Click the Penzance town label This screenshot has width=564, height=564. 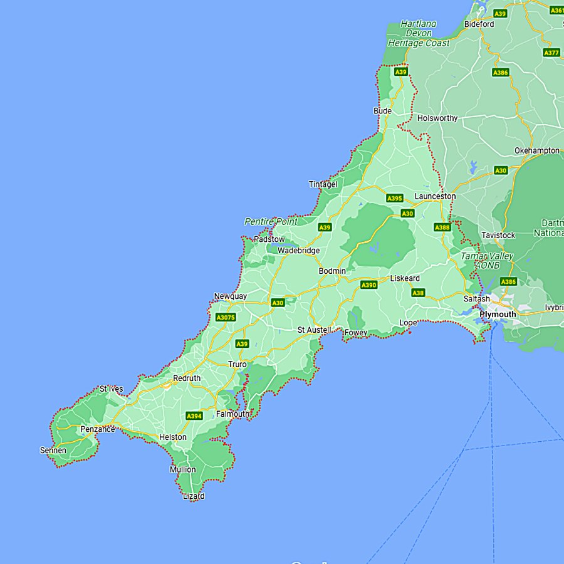pos(98,429)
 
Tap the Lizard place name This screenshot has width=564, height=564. pos(194,496)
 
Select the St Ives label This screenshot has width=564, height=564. pos(111,389)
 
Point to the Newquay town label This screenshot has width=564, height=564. pos(231,296)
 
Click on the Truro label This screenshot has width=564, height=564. pos(238,364)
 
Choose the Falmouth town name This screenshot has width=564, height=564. pos(232,414)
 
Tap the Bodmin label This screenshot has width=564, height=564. pos(332,271)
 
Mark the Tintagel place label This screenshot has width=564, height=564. pos(323,184)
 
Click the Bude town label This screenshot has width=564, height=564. pos(382,111)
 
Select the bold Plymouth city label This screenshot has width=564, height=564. pos(498,314)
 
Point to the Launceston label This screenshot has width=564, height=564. pos(435,196)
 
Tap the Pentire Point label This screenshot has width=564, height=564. pos(271,221)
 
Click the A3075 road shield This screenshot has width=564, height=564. pos(226,318)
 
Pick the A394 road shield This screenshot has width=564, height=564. pos(194,416)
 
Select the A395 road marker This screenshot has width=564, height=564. pos(395,198)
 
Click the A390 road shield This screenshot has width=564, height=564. pos(369,285)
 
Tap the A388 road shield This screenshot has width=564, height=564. pos(442,227)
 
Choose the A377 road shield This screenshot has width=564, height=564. pos(551,53)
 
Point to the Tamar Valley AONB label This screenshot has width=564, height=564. pos(487,261)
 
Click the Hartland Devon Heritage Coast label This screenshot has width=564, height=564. pos(419,33)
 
